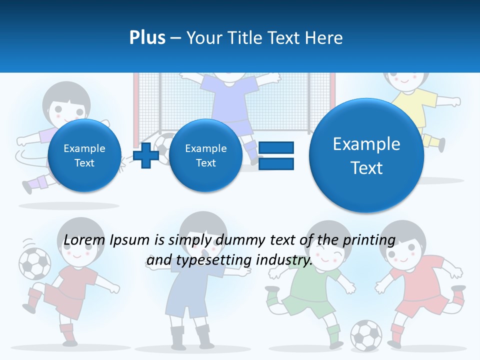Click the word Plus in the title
tap(147, 37)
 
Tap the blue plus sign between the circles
tap(146, 155)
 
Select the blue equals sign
tap(276, 155)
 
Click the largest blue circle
tap(366, 155)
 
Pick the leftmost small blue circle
tap(84, 155)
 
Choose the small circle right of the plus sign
tap(205, 155)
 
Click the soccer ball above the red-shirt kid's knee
tap(34, 263)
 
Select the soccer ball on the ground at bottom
tap(365, 334)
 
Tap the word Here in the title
tap(325, 37)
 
